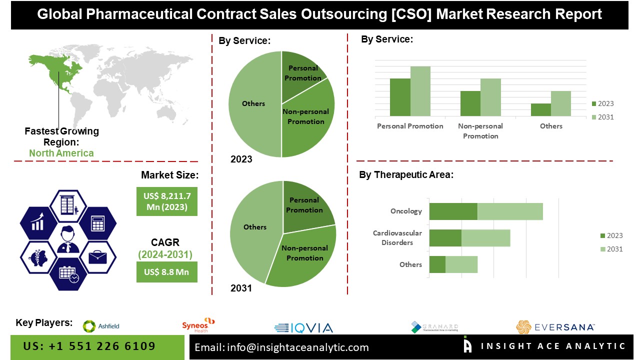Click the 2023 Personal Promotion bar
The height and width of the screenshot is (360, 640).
click(400, 97)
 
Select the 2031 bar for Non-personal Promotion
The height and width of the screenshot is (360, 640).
click(490, 97)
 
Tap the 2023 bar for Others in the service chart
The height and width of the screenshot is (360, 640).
click(540, 110)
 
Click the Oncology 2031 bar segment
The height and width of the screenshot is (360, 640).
click(510, 211)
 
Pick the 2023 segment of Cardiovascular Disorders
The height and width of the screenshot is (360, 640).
click(445, 238)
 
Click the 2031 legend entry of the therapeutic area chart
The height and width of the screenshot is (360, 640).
click(611, 249)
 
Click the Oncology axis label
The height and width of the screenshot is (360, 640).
click(406, 211)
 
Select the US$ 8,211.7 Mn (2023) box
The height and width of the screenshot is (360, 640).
click(167, 201)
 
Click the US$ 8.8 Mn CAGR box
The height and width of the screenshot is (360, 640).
click(167, 272)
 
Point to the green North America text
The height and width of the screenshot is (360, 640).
click(61, 153)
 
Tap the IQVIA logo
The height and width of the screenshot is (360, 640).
click(303, 328)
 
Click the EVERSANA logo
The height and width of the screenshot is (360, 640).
click(555, 327)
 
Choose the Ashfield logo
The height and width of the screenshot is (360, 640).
click(101, 326)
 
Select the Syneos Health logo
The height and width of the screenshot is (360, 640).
click(198, 325)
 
